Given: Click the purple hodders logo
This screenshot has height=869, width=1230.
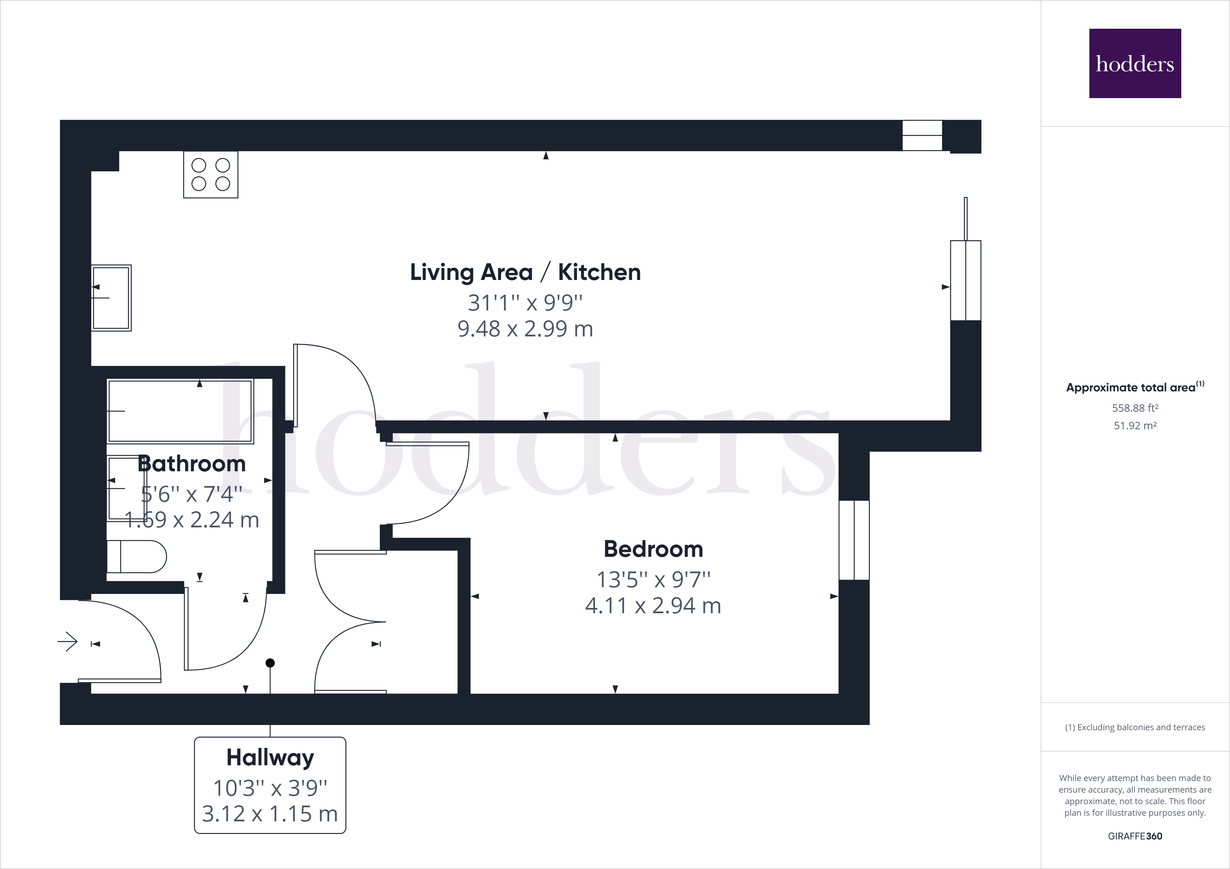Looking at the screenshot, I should [x=1135, y=63].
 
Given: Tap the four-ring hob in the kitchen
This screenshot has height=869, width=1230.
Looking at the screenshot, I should [x=210, y=175].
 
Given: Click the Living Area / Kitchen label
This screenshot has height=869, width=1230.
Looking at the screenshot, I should [x=525, y=272].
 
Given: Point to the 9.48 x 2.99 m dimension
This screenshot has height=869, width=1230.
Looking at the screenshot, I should [x=525, y=328].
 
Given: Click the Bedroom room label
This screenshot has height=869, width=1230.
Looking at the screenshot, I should [x=653, y=549].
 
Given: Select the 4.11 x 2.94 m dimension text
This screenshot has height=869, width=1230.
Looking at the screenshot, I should [x=653, y=605].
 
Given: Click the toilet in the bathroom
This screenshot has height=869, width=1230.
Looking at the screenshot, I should [x=137, y=557].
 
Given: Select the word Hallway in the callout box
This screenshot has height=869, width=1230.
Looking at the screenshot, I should [x=270, y=757].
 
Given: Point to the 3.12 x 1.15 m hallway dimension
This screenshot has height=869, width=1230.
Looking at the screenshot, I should [x=270, y=813].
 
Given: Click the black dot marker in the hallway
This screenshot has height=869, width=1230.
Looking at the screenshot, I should [x=270, y=663].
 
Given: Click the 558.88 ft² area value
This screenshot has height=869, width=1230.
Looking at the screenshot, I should [x=1135, y=408].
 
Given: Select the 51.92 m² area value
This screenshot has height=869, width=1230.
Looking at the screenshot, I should [x=1135, y=426].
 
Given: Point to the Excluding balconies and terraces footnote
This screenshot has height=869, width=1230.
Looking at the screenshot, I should [x=1135, y=727].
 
